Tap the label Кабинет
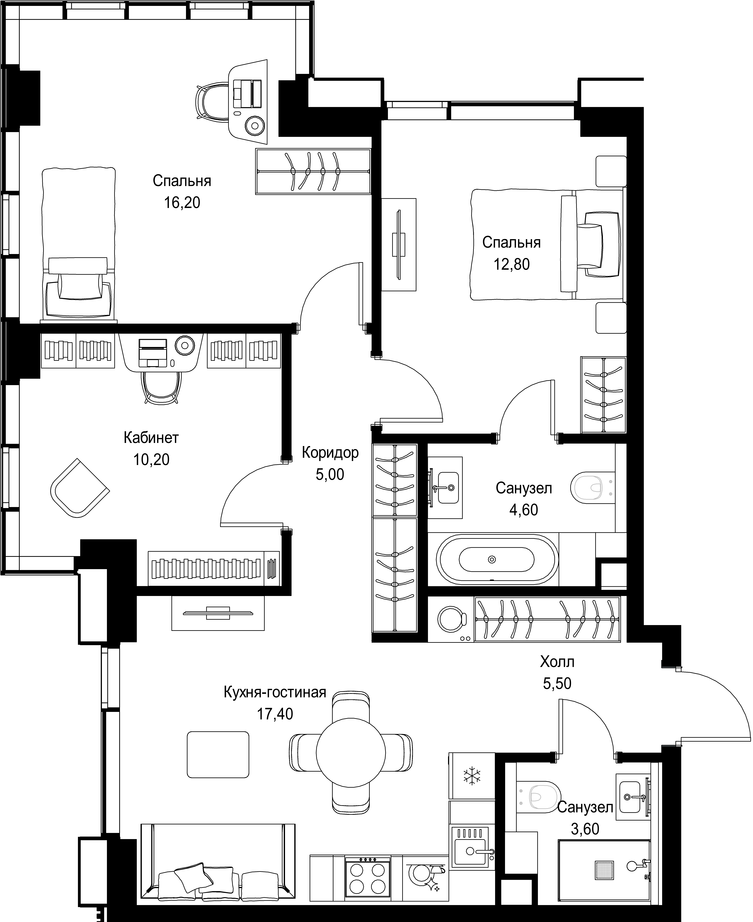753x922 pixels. click(x=151, y=438)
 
